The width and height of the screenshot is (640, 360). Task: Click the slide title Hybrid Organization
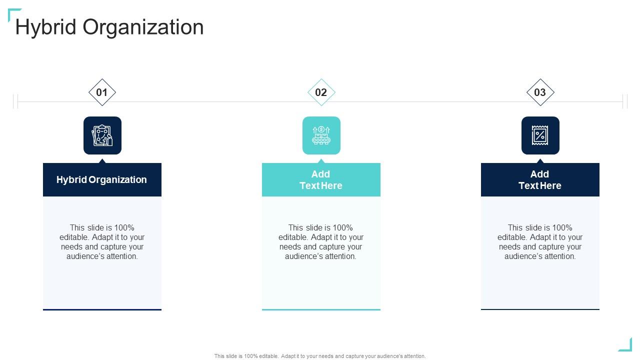pyautogui.click(x=109, y=27)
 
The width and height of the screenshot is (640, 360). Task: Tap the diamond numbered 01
pyautogui.click(x=102, y=92)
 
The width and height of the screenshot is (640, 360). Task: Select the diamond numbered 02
pyautogui.click(x=321, y=92)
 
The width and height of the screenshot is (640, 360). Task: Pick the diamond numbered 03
pyautogui.click(x=540, y=92)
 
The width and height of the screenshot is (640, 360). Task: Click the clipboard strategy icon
pyautogui.click(x=102, y=135)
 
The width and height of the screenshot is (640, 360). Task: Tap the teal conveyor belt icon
pyautogui.click(x=321, y=135)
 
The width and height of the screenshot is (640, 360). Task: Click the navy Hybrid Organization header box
pyautogui.click(x=102, y=179)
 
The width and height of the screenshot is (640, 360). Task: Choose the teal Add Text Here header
pyautogui.click(x=321, y=179)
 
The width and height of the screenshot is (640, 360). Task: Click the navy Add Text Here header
pyautogui.click(x=540, y=179)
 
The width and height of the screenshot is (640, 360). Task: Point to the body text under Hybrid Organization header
pyautogui.click(x=102, y=242)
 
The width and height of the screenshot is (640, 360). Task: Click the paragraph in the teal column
pyautogui.click(x=321, y=242)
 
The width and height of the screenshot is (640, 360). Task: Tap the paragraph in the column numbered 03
pyautogui.click(x=540, y=242)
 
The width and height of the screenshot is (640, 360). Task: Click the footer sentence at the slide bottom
pyautogui.click(x=320, y=356)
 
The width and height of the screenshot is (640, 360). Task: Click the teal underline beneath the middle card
pyautogui.click(x=321, y=309)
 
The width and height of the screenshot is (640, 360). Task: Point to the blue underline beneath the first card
pyautogui.click(x=102, y=309)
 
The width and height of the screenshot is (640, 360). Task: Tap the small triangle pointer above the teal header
pyautogui.click(x=321, y=161)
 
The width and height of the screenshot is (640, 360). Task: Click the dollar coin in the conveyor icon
pyautogui.click(x=321, y=129)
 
